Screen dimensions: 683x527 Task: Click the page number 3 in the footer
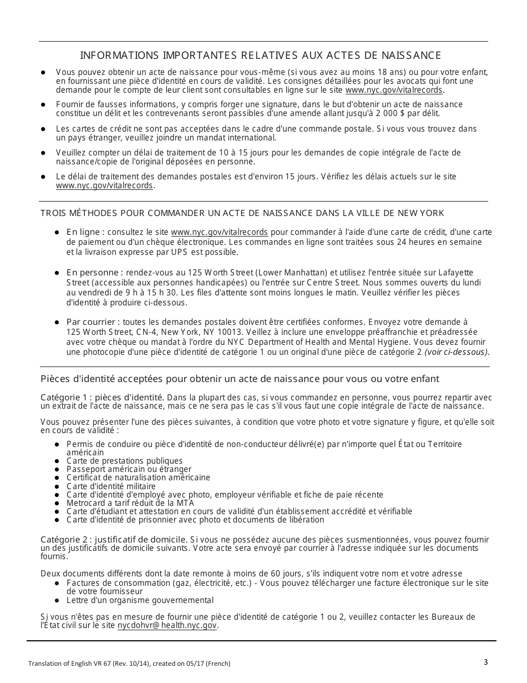tap(485, 661)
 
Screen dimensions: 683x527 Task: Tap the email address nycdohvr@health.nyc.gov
tap(167, 625)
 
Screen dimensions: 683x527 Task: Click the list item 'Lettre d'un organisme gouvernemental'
tap(140, 600)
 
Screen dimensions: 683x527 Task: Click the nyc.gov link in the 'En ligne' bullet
tap(219, 232)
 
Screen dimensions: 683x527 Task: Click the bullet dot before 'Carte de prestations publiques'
tap(58, 461)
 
